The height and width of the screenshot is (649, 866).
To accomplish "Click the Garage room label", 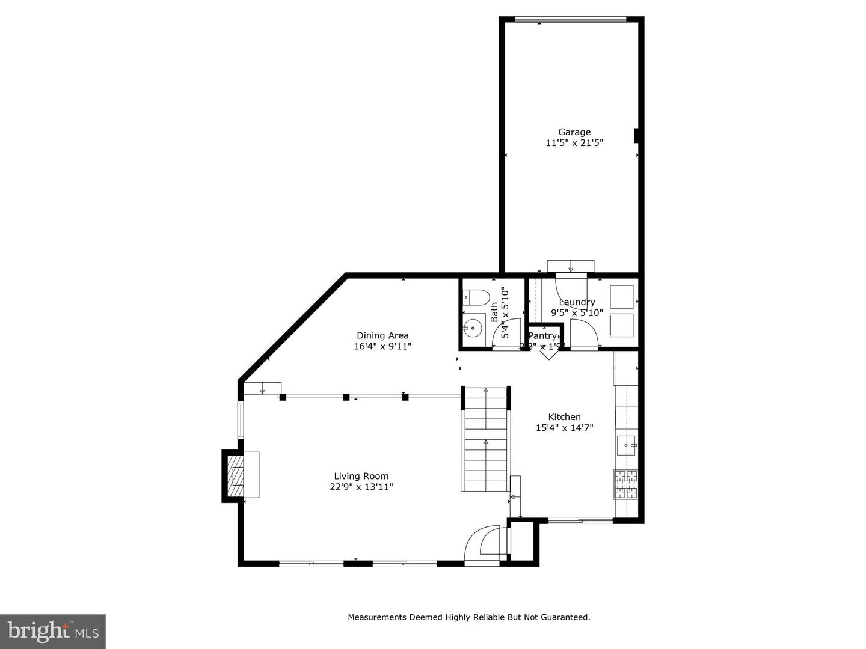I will [x=574, y=132].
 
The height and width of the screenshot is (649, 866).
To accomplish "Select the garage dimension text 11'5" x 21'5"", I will [x=574, y=143].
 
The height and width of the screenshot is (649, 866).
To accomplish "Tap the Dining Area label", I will [x=382, y=335].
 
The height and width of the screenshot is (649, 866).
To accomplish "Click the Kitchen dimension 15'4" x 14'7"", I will [x=564, y=428].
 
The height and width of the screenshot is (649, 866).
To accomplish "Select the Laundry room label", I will [x=577, y=302].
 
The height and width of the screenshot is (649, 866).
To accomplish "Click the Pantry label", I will [x=542, y=336].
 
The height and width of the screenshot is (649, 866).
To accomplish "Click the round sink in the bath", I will [x=473, y=328].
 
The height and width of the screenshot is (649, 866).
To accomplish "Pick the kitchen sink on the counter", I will [x=626, y=445].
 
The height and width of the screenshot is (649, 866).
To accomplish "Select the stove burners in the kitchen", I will [x=625, y=484].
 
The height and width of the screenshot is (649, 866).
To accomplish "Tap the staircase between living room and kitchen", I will [x=485, y=440].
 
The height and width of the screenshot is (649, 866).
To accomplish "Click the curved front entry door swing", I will [x=484, y=544].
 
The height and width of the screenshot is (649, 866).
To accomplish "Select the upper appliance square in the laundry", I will [x=622, y=297].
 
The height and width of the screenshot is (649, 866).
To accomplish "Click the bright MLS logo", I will [x=53, y=631].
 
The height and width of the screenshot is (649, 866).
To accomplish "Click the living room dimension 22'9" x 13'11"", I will [x=361, y=487].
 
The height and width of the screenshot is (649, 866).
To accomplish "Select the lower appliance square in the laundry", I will [x=622, y=325].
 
